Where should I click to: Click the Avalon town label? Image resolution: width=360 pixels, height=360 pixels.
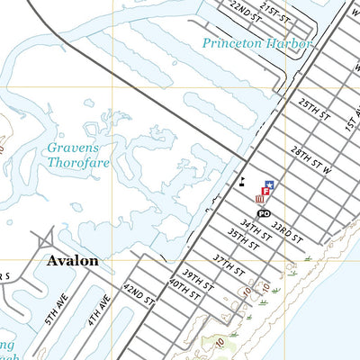tap(68, 261)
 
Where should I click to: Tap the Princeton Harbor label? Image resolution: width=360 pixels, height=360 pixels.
tap(256, 43)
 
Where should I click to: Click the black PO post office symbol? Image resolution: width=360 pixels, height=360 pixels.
tap(263, 213)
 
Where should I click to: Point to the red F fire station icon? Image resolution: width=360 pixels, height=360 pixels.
tap(265, 191)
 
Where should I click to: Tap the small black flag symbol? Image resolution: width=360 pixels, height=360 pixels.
tap(242, 181)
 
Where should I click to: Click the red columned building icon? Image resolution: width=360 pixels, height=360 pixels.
tap(259, 200)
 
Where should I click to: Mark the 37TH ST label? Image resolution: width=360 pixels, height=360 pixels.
tap(229, 265)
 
